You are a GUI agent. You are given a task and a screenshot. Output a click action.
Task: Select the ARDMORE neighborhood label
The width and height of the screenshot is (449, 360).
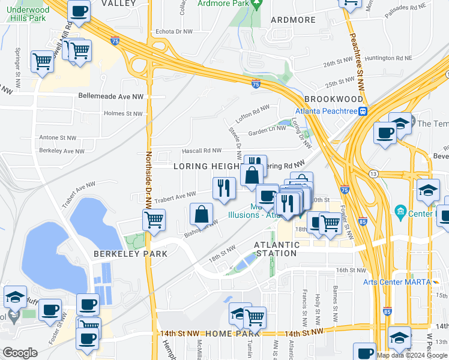coord(293,20)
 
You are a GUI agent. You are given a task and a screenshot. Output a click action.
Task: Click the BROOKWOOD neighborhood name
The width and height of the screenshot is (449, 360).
coord(334,99)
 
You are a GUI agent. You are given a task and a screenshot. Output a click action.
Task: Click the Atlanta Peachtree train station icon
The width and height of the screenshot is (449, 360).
coord(363,111)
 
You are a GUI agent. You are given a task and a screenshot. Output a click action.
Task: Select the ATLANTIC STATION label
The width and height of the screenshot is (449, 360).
coord(277,249)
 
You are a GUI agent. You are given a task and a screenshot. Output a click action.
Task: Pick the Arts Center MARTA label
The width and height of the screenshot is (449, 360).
coord(397,282)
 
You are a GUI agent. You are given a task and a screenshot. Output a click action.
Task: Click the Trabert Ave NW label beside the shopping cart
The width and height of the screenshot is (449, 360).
coord(175,196)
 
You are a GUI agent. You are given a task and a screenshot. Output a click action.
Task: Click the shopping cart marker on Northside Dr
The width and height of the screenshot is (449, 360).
coord(154,219)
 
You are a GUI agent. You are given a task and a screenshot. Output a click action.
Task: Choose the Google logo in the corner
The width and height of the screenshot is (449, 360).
coord(20,353)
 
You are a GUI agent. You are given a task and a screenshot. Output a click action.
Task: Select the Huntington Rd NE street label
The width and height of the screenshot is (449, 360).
coord(388,58)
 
